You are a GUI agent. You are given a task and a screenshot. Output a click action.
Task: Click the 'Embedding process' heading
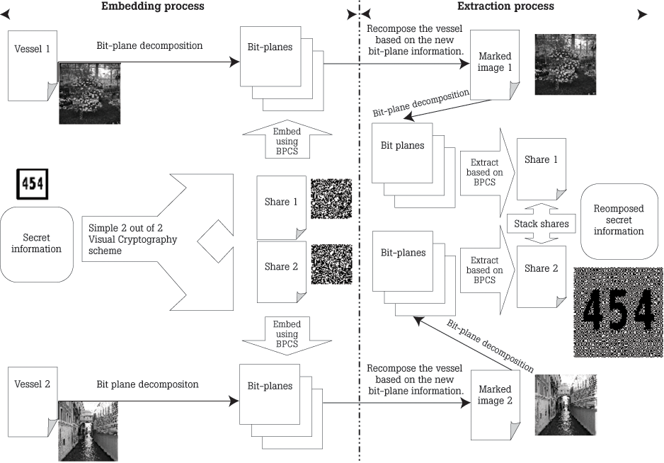pyautogui.click(x=152, y=6)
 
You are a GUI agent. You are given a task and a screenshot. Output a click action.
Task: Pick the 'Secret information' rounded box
pyautogui.click(x=37, y=244)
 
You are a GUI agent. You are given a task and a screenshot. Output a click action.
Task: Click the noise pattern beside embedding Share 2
pyautogui.click(x=331, y=263)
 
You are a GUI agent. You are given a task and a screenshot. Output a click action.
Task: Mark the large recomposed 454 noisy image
pyautogui.click(x=617, y=311)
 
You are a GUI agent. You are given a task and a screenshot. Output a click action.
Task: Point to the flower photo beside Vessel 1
pyautogui.click(x=86, y=92)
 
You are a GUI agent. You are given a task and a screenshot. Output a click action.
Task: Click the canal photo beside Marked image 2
pyautogui.click(x=563, y=404)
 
